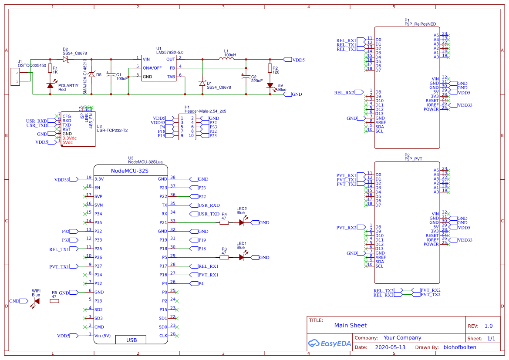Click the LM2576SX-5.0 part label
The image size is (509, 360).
(170, 52)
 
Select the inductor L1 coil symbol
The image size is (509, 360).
(226, 59)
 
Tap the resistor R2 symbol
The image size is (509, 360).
(270, 68)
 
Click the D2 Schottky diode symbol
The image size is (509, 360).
(66, 59)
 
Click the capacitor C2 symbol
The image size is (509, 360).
(246, 77)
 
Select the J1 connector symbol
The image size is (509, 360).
(15, 77)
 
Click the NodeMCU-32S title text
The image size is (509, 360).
(130, 171)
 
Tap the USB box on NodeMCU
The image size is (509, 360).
(131, 340)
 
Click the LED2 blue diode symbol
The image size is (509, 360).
(242, 222)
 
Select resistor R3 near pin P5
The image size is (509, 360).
(224, 257)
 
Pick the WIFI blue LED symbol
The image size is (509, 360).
(37, 301)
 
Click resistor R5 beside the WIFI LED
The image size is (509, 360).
(54, 301)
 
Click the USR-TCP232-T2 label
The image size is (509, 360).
(112, 130)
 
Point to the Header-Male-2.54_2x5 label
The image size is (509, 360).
(205, 111)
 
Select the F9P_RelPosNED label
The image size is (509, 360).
(420, 24)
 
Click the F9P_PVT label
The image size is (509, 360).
(413, 159)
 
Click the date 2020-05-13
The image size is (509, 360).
(390, 347)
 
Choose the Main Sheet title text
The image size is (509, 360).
(350, 325)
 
